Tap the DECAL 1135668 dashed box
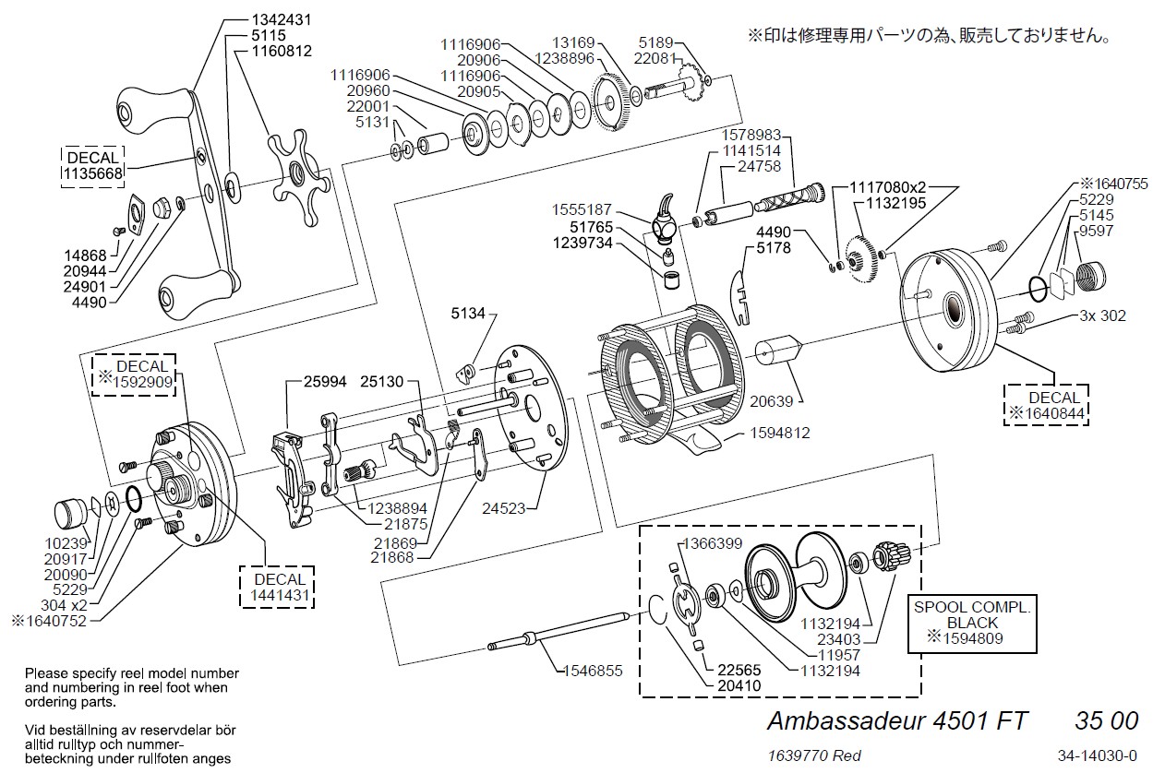[92, 166]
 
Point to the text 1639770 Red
[814, 755]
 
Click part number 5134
[468, 315]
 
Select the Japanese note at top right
[928, 36]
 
